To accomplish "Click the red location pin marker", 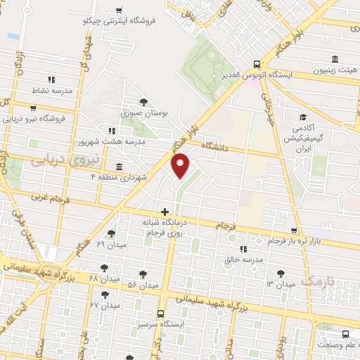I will coord(181,165).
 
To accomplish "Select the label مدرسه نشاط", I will coord(30,91).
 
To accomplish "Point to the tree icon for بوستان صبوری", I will coord(144,102).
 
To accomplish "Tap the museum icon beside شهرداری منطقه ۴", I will coord(118,167).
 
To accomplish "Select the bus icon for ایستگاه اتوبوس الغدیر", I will coord(257,63).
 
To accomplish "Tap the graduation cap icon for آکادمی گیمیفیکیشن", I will coord(303,117).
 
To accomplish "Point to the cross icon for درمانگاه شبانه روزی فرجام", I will coord(165,211).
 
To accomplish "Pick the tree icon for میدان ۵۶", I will coord(143,274).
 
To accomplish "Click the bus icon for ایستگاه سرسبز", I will coord(161,314).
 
